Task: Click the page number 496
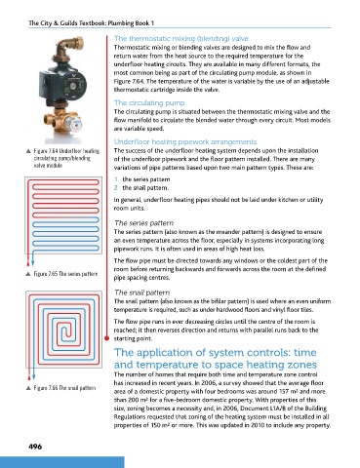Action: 35,447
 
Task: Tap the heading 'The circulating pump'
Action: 149,103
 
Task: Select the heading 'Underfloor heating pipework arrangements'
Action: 185,141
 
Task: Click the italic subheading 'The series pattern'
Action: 143,223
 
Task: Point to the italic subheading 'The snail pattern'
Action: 142,292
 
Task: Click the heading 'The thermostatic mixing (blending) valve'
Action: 181,39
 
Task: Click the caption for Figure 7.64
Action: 63,158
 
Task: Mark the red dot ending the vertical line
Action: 106,338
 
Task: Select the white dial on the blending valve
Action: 74,123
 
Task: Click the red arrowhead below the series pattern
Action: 28,262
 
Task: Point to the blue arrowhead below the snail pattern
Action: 33,377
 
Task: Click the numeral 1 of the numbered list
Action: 116,179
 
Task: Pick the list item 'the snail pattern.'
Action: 145,188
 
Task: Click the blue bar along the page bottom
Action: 62,462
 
